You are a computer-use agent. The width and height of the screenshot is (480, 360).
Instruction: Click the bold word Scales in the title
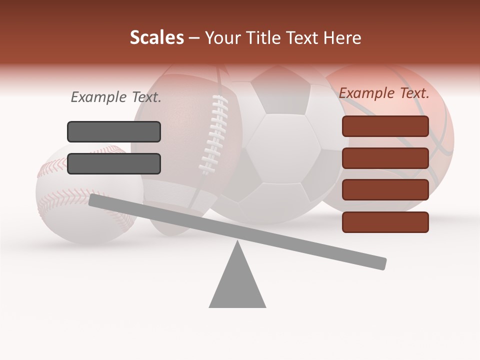click(156, 37)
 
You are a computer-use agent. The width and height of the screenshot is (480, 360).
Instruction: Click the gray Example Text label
click(116, 97)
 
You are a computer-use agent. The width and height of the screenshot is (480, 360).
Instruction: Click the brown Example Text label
click(384, 93)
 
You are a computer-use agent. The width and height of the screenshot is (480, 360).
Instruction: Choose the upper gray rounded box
click(114, 131)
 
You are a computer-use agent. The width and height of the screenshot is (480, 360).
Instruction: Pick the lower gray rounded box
click(114, 163)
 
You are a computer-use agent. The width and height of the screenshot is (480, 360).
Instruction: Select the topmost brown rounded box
click(385, 126)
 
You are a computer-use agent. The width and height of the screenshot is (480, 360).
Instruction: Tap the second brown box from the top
click(385, 158)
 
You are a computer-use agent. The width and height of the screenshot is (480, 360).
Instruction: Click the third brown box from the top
click(385, 190)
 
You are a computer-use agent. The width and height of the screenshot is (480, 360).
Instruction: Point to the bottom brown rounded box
click(385, 222)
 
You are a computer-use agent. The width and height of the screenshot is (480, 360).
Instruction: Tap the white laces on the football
click(214, 135)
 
